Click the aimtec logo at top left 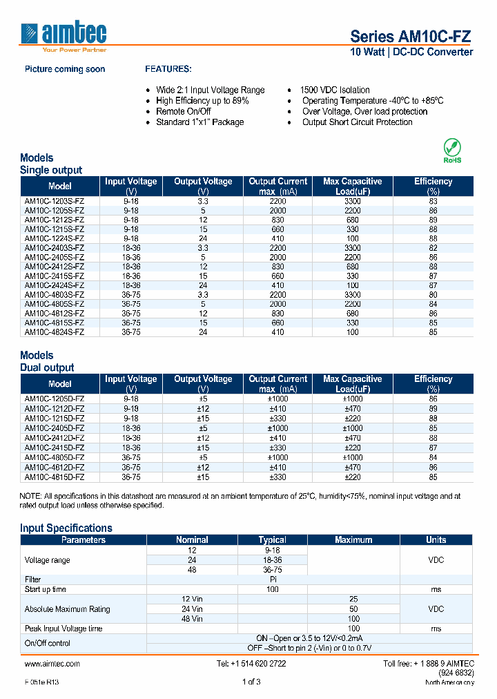[65, 35]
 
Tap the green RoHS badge [452, 151]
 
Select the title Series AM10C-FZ [411, 37]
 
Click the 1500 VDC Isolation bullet [335, 90]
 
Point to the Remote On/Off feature [184, 111]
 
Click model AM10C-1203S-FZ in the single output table [55, 200]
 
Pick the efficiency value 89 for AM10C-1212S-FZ [433, 219]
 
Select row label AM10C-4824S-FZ [55, 332]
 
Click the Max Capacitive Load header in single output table [352, 186]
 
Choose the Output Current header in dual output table [277, 383]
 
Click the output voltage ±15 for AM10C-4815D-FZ [203, 477]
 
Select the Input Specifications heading [66, 528]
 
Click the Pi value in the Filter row [272, 580]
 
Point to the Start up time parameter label [46, 589]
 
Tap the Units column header [436, 539]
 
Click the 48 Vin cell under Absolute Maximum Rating [192, 619]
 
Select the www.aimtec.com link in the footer [52, 663]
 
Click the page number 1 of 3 [251, 682]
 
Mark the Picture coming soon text [65, 69]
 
